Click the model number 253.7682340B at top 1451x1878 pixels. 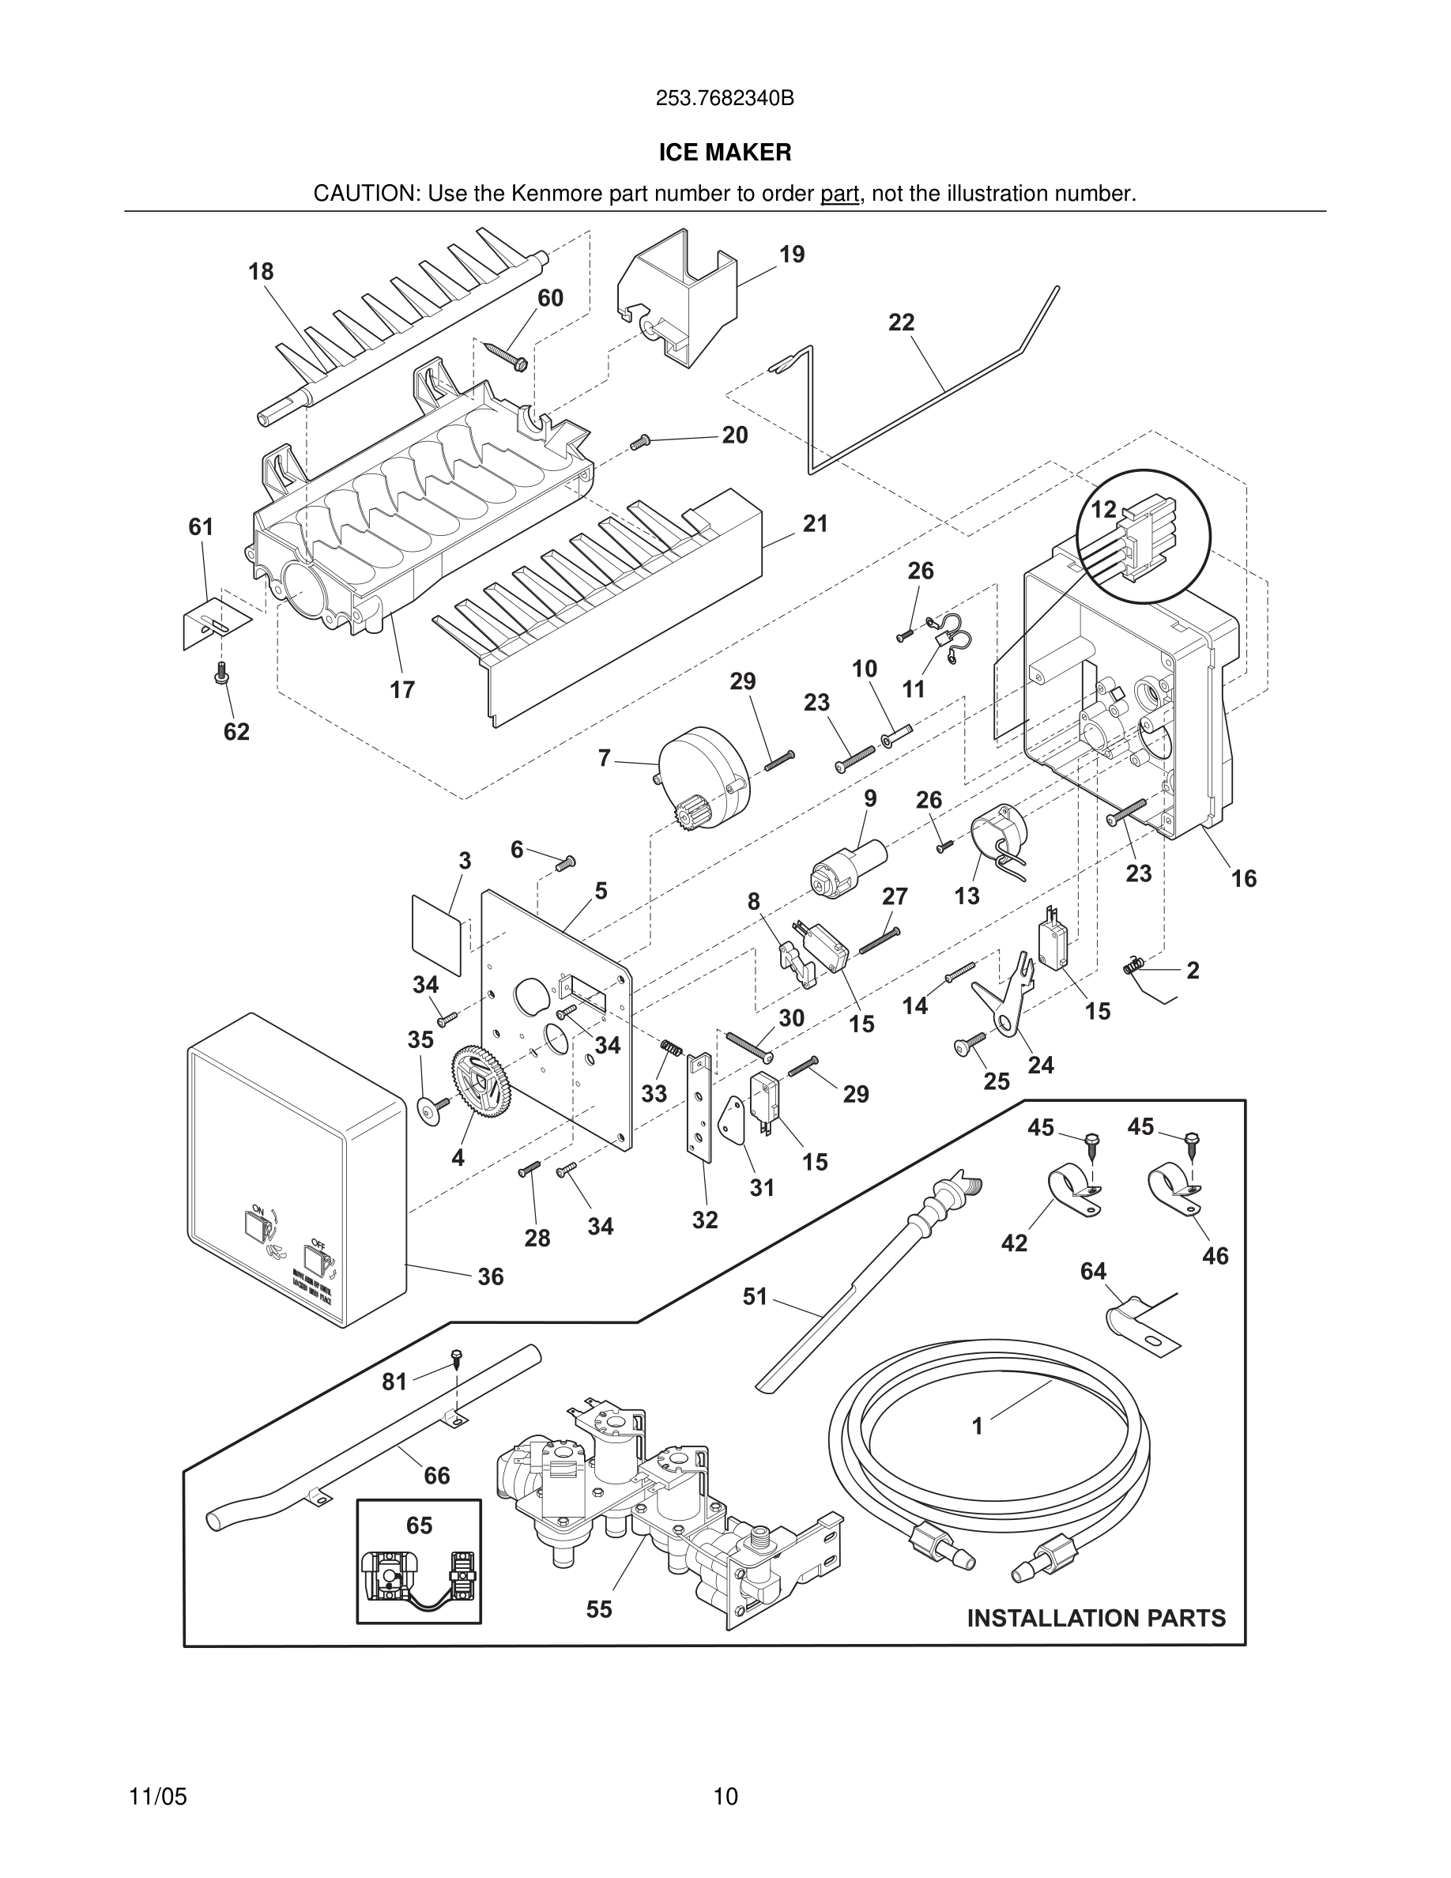(x=725, y=99)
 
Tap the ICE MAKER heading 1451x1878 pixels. (x=725, y=153)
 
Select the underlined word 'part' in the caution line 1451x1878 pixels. (x=839, y=194)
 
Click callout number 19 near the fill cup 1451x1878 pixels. (x=792, y=255)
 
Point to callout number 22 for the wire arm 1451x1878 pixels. (x=901, y=322)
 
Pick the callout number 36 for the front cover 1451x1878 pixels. (x=490, y=1277)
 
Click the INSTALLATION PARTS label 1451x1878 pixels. (x=1096, y=1618)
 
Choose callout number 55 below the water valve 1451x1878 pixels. (x=599, y=1608)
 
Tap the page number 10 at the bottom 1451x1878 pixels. (x=725, y=1772)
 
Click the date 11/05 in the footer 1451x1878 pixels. (x=157, y=1772)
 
